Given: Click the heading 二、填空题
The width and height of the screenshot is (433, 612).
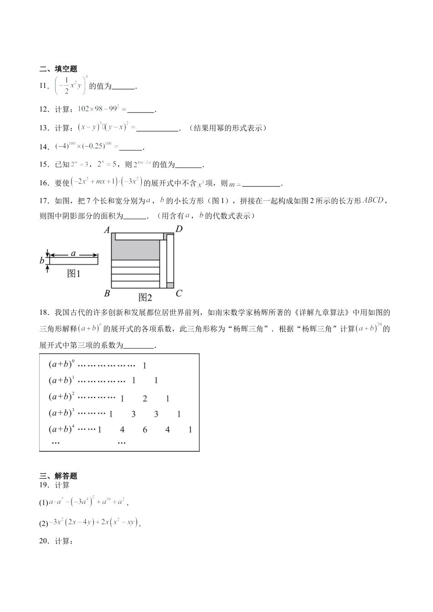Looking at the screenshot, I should (58, 69).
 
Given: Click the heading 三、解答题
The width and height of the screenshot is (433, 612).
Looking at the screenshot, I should (58, 476).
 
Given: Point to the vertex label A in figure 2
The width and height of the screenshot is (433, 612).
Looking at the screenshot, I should (107, 230).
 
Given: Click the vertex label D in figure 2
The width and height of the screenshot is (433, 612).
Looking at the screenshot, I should (179, 229).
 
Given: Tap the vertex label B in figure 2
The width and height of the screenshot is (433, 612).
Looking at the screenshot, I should (107, 293).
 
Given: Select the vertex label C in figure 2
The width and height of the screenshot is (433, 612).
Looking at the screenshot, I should (179, 293).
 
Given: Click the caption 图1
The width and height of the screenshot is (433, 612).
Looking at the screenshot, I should (73, 274).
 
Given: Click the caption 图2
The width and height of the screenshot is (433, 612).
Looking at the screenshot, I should (145, 298).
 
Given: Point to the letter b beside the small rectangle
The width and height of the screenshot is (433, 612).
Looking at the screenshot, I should (42, 261).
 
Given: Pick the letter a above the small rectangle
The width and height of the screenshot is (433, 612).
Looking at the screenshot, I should (73, 253).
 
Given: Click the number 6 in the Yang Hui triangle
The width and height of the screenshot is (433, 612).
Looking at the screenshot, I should (145, 429).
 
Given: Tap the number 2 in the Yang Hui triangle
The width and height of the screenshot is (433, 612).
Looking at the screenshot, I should (145, 398).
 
